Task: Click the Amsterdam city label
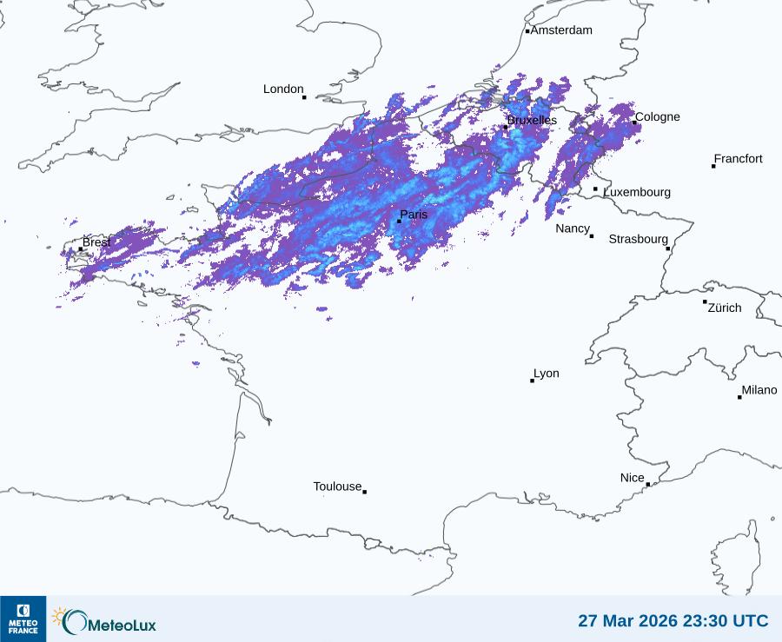point(561,30)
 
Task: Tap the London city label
point(283,89)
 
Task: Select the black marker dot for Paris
point(399,222)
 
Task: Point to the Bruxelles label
point(532,120)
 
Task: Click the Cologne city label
point(658,117)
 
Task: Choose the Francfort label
point(739,159)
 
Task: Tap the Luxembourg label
point(637,192)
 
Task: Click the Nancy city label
point(573,228)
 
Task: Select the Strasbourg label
point(638,239)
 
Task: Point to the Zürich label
point(725,308)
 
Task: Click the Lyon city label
point(547,374)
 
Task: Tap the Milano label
point(759,390)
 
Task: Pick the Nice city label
point(633,478)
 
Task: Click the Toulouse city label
point(337,486)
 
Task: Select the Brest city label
point(96,242)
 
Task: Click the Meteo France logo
point(23,619)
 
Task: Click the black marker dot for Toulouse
point(364,492)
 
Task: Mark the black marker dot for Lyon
point(533,381)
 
